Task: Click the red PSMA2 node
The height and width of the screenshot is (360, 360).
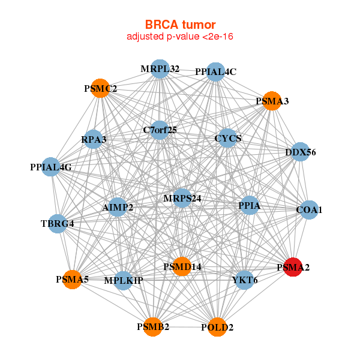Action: [292, 267]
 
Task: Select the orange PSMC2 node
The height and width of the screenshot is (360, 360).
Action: [100, 89]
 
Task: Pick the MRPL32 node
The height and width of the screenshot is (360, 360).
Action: [160, 69]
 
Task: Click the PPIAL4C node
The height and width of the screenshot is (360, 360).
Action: [216, 72]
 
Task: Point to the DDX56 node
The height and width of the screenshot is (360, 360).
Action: [301, 152]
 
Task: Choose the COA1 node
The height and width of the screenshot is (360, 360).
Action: [309, 209]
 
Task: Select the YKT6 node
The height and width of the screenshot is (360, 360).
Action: [244, 279]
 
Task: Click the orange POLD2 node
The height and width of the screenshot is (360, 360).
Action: [217, 327]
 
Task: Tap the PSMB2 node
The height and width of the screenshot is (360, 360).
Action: [153, 326]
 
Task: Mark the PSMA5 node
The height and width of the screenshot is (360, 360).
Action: [72, 279]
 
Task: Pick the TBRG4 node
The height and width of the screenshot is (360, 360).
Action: [58, 224]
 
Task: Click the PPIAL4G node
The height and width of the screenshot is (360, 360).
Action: [51, 167]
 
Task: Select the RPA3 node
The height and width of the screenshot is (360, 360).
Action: [94, 140]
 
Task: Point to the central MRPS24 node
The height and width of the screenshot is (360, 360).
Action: [182, 197]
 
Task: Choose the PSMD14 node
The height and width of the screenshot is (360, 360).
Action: [182, 266]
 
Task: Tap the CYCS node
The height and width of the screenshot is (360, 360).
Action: [228, 139]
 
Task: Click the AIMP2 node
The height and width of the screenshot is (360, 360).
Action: [118, 207]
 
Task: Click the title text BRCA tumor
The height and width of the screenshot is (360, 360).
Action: [180, 25]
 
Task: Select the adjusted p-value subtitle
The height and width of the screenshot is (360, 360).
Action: [180, 37]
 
